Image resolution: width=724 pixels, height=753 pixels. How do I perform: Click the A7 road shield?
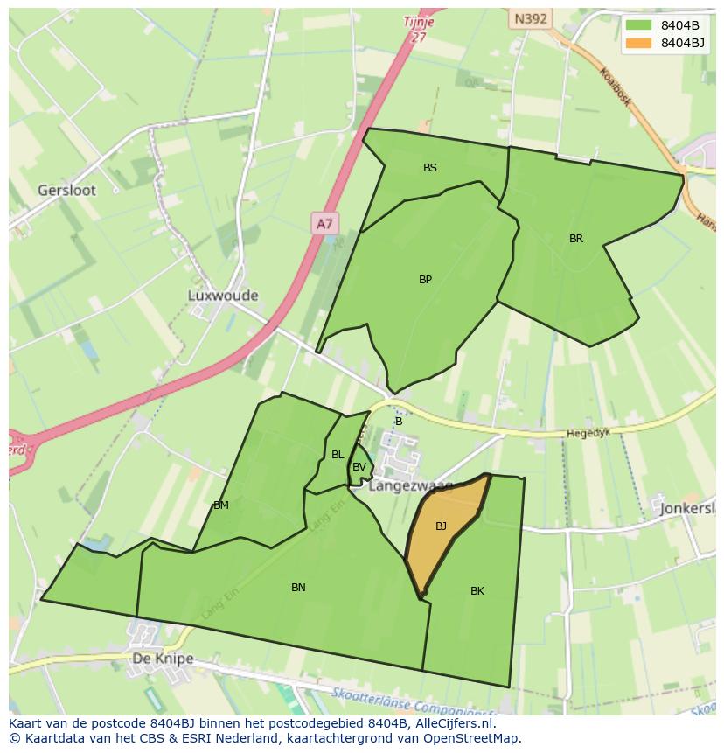coord(324,224)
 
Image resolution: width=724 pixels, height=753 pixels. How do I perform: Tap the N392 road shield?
coord(531,17)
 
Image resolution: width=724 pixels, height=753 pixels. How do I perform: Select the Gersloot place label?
coord(67,190)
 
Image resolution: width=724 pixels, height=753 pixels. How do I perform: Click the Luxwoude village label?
coord(223,296)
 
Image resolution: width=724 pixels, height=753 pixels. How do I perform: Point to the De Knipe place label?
coord(163,659)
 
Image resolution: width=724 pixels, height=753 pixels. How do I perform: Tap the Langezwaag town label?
coord(410,486)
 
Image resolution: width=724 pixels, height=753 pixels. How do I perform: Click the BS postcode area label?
coord(430,168)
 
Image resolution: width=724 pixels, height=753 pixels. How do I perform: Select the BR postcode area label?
coord(576,239)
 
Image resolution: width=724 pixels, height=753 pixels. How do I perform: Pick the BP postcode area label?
coord(425,280)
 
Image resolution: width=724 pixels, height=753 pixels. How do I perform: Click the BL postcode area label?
coord(338,455)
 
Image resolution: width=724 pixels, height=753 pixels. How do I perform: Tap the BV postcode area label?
coord(359,467)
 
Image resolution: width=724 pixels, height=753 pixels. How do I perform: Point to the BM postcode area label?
coord(221,505)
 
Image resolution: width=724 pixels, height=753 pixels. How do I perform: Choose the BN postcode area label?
coord(298,588)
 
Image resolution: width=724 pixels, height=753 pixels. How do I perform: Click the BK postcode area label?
coord(477,591)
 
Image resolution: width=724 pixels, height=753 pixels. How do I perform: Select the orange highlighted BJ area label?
coord(441,526)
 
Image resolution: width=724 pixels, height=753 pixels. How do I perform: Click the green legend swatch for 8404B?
coord(639,25)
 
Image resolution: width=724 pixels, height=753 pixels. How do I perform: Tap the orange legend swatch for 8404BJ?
coord(639,43)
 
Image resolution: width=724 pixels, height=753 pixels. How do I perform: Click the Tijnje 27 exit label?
coord(419,28)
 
